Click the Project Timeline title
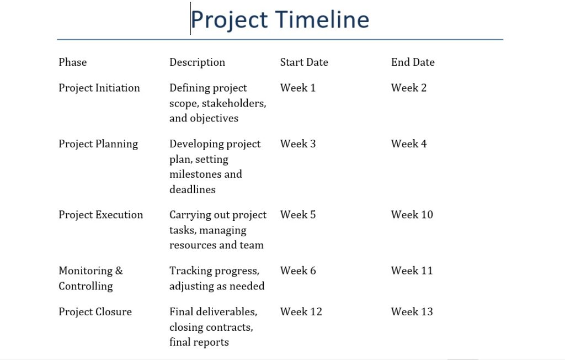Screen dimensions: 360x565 [280, 20]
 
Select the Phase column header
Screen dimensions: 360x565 [73, 62]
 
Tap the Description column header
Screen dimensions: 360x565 [197, 62]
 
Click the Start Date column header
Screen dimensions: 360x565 [304, 62]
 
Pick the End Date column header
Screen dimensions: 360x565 [413, 62]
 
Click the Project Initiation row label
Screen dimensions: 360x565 [99, 88]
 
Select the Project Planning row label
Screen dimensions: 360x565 [98, 144]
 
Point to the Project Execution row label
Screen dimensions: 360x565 [101, 215]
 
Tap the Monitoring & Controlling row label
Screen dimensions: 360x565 [90, 278]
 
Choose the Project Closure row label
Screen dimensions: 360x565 [95, 312]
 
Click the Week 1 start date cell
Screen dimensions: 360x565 [298, 88]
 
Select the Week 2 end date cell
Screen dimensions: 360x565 [409, 88]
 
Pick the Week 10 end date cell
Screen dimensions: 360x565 [412, 215]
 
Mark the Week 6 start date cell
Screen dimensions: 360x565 [298, 271]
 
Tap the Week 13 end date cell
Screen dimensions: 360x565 [412, 312]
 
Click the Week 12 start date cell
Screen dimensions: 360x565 [301, 312]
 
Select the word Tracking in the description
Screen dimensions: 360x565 [189, 271]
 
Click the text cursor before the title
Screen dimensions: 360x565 [191, 19]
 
